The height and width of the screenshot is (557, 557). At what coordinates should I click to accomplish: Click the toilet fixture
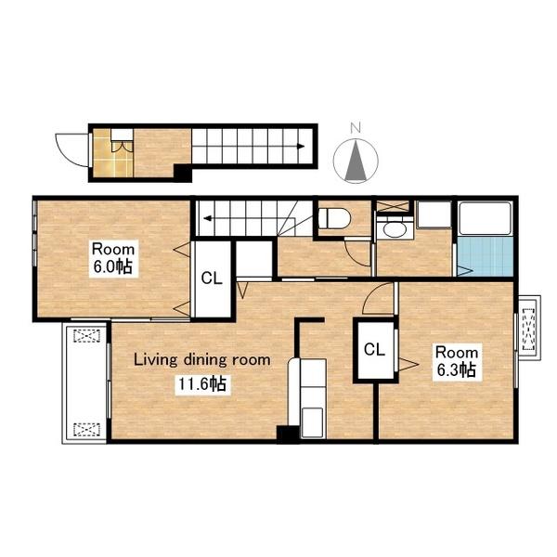[334, 217]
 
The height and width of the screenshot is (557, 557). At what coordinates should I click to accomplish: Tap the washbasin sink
[395, 230]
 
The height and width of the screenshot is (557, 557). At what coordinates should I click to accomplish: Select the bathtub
[486, 218]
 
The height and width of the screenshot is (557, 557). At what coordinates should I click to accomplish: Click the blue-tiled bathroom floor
[486, 256]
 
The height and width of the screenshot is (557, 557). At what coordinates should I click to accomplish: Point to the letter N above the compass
[356, 127]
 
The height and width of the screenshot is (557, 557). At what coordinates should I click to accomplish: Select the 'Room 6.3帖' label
[457, 362]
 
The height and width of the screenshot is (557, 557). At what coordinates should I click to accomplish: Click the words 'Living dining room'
[201, 360]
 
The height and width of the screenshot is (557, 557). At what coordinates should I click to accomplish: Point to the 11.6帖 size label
[201, 384]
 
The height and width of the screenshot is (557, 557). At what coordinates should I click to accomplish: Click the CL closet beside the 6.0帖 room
[212, 278]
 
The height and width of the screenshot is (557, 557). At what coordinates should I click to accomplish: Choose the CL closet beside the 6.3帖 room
[374, 350]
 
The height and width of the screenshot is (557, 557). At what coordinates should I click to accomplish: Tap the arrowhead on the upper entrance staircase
[301, 146]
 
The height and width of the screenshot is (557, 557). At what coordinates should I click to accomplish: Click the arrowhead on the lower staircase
[208, 218]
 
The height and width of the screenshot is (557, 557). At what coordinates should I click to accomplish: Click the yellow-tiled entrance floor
[113, 153]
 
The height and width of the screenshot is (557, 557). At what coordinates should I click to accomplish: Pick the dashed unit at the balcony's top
[86, 336]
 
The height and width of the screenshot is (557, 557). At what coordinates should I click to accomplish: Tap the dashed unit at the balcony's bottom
[86, 430]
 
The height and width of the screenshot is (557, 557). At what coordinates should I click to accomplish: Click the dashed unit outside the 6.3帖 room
[529, 330]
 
